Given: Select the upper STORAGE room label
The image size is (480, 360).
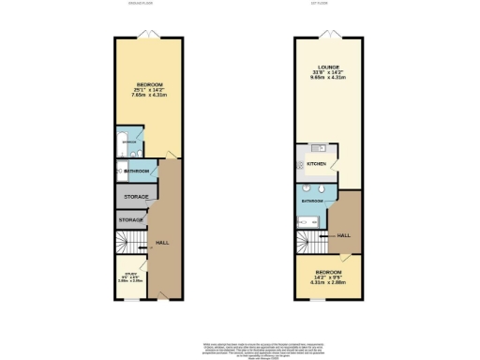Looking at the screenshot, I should click(131, 197).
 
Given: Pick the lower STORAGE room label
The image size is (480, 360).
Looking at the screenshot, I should click(131, 220).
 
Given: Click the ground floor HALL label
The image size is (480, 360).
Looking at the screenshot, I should click(161, 242).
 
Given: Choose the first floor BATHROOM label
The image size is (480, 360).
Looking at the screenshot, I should click(312, 201).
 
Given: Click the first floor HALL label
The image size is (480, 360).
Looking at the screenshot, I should click(344, 235).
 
